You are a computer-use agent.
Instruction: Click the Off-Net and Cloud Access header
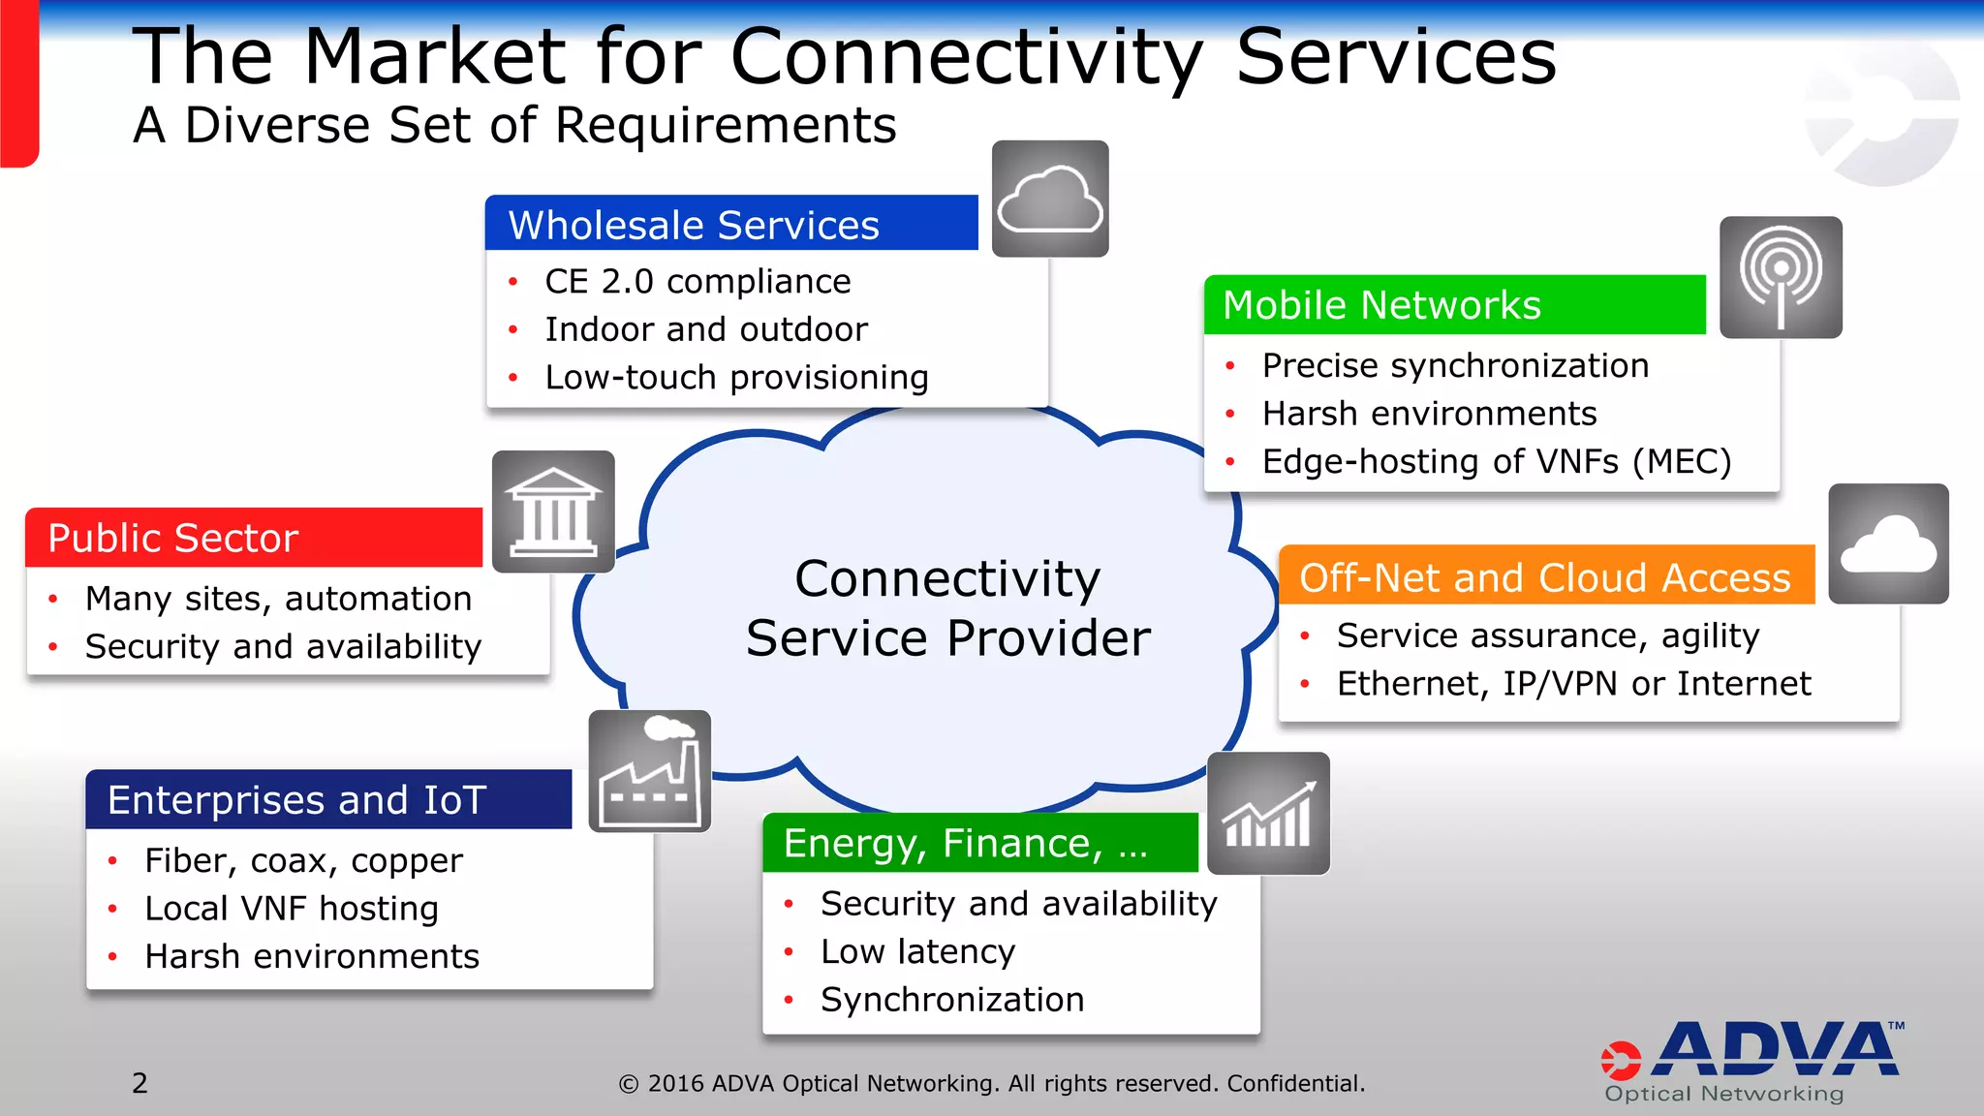(1545, 577)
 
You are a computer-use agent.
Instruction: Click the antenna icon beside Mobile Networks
(1781, 277)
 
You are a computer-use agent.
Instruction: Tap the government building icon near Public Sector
(553, 511)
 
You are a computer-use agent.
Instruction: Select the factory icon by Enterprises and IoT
(650, 772)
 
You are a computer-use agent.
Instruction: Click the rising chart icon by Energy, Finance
(1268, 814)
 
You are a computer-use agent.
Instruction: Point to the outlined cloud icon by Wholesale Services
(1050, 199)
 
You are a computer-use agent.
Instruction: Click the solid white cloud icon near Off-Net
(1888, 544)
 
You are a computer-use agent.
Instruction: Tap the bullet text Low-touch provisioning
(736, 377)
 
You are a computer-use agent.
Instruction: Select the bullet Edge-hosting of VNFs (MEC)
(1496, 461)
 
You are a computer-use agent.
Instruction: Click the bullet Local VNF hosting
(292, 909)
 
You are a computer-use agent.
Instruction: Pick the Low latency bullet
(917, 951)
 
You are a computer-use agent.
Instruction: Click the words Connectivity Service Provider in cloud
(947, 608)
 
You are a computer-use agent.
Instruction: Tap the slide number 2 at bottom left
(140, 1083)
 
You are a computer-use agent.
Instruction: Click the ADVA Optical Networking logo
(1751, 1062)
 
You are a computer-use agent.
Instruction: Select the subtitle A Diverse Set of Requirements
(514, 125)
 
